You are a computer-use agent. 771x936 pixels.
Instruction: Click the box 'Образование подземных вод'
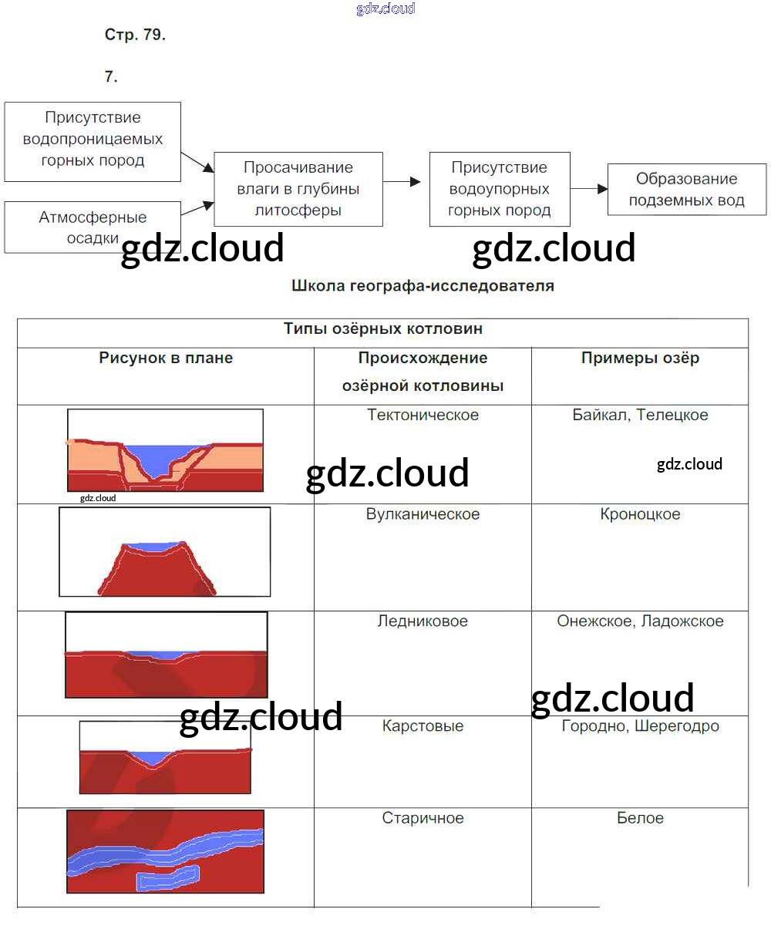click(x=686, y=189)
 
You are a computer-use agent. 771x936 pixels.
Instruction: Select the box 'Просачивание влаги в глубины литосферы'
click(x=298, y=189)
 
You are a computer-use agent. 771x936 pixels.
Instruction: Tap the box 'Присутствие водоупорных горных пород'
click(x=500, y=189)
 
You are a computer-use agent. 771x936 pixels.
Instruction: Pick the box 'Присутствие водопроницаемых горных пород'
click(x=93, y=142)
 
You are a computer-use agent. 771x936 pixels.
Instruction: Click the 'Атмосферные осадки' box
click(x=93, y=227)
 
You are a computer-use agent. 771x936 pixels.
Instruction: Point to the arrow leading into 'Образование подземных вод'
click(x=589, y=189)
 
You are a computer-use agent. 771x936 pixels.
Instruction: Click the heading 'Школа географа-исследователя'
click(x=423, y=285)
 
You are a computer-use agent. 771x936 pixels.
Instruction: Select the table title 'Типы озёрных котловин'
click(x=383, y=328)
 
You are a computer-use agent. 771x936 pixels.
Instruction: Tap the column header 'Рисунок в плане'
click(x=166, y=358)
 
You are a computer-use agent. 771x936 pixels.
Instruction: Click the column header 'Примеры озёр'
click(x=640, y=358)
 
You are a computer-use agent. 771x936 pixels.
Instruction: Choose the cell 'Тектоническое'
click(x=423, y=415)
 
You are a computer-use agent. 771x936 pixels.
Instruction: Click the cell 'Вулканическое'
click(x=423, y=513)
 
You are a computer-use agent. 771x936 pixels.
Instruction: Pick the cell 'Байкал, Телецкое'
click(x=640, y=415)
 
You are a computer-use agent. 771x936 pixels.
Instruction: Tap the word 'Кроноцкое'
click(x=640, y=513)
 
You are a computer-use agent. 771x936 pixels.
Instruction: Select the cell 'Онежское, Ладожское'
click(x=640, y=621)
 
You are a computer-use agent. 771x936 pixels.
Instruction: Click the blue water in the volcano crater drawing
click(x=153, y=547)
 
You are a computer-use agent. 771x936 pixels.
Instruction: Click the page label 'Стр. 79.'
click(x=135, y=35)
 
